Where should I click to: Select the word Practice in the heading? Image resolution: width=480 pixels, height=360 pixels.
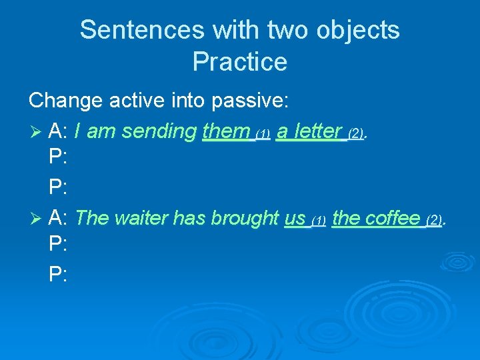click(x=240, y=62)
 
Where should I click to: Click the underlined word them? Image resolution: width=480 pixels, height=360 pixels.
click(x=226, y=131)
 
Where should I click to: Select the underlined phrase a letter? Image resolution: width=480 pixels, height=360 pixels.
click(x=309, y=131)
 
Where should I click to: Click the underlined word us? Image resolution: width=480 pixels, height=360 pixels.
click(x=295, y=217)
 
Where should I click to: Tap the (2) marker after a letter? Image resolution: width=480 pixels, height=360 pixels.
click(x=355, y=134)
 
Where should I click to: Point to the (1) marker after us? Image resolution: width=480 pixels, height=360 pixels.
click(x=319, y=221)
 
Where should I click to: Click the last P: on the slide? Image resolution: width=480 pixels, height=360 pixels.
click(x=58, y=275)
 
